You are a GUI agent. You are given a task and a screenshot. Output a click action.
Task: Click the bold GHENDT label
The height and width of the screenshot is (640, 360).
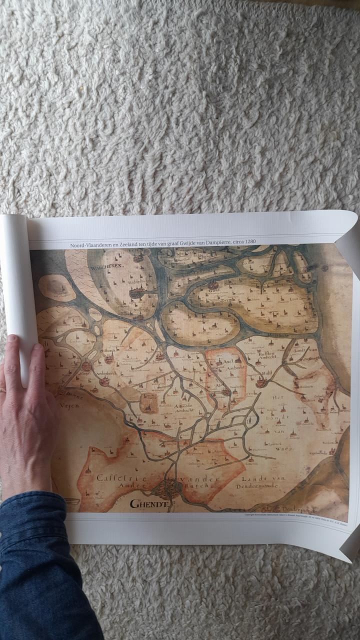point(148,503)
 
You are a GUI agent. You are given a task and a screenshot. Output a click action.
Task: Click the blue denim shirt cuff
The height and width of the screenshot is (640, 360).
point(35,520)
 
